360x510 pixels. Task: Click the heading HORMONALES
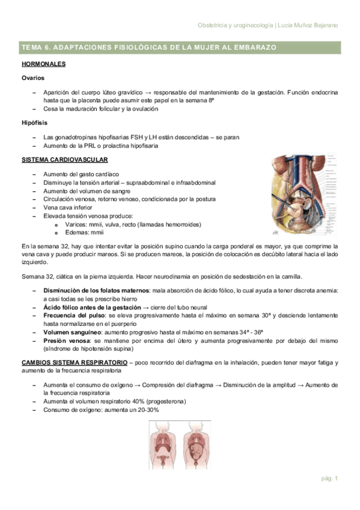(44, 64)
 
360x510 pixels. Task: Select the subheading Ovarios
(32, 78)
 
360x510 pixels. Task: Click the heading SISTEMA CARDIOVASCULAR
(65, 160)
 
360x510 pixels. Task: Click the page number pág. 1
(329, 479)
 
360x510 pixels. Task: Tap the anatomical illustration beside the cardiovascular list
(305, 194)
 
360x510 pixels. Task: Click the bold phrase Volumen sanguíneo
(71, 332)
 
